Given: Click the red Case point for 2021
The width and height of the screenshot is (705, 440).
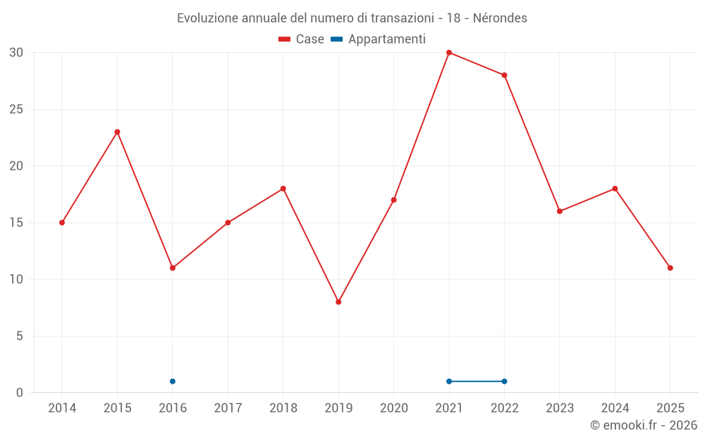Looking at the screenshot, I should [449, 53].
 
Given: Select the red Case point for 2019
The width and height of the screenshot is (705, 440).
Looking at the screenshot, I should [338, 302].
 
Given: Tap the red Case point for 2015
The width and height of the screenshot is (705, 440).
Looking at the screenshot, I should [117, 132].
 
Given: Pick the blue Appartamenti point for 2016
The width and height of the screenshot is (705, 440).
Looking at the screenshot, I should [173, 382].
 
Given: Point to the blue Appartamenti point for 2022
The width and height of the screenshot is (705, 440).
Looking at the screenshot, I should [504, 382].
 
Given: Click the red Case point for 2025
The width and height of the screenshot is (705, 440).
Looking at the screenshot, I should [670, 268].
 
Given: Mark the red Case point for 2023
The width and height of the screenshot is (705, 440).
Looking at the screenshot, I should [560, 211].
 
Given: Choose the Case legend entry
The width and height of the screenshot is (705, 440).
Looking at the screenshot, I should [302, 39].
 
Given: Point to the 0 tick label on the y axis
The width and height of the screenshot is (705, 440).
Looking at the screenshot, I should [20, 393].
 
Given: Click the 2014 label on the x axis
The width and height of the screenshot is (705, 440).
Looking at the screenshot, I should [62, 408].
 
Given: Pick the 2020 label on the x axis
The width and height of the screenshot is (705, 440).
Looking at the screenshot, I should [394, 408].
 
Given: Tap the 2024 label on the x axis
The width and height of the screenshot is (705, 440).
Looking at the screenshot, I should [615, 408].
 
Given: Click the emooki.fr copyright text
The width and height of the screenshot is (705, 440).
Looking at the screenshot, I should [644, 425].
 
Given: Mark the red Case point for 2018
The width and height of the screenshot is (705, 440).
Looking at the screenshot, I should [283, 189].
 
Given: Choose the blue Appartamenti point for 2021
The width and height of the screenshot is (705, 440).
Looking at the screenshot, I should [449, 382].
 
